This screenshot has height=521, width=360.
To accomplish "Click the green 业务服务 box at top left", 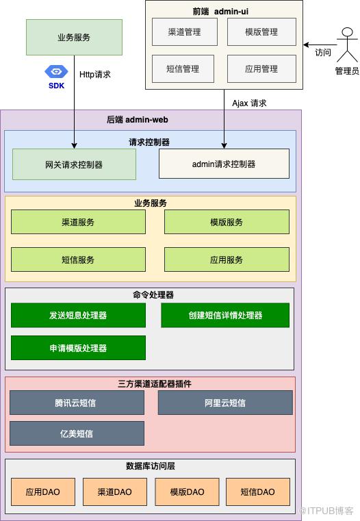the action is [x=74, y=37].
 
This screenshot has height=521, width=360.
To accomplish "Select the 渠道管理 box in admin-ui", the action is [x=185, y=32].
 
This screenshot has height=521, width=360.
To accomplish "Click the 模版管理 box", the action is [x=261, y=32].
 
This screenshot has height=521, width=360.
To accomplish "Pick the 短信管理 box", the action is [x=183, y=68].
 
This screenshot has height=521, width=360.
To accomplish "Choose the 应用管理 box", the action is [x=261, y=68].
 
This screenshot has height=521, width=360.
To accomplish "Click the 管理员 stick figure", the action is [x=347, y=45].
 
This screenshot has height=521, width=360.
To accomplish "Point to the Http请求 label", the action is [x=95, y=75].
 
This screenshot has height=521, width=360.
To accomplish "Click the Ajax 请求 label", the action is [x=249, y=103].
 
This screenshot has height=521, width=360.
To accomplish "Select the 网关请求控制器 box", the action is [x=74, y=164].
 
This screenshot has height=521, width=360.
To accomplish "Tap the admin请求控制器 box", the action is [x=224, y=164].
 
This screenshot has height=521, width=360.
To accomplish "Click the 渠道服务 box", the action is [x=78, y=222].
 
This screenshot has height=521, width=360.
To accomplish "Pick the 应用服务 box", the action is [x=227, y=259].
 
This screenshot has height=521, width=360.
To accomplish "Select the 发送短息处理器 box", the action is [x=78, y=316].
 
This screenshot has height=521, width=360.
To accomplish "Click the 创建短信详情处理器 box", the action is [x=225, y=316].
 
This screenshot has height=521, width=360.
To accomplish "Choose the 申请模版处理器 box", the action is [x=78, y=348].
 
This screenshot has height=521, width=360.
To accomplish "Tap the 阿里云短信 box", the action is [x=225, y=403].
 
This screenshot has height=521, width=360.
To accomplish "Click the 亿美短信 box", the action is [x=77, y=433].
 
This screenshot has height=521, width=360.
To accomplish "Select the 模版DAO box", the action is [x=187, y=492].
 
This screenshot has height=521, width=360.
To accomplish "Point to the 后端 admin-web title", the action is [x=138, y=120].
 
